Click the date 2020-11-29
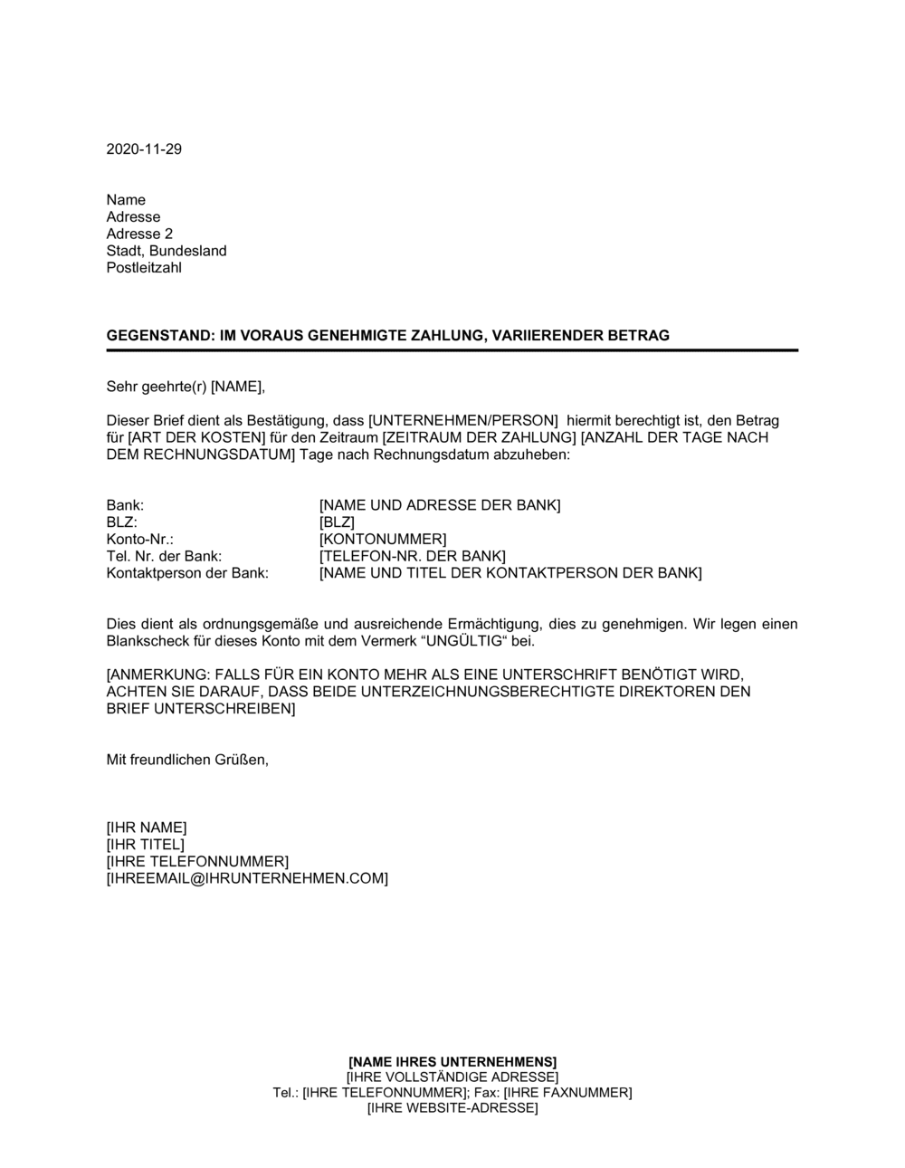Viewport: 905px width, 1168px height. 144,149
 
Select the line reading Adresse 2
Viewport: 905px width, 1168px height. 139,234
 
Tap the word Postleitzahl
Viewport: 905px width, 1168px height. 144,268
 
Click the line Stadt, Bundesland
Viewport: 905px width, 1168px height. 167,251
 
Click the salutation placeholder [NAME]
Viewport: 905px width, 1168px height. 236,388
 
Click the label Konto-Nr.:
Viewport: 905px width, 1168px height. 139,540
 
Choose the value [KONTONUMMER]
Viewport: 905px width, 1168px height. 383,540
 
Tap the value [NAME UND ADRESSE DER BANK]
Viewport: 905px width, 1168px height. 440,505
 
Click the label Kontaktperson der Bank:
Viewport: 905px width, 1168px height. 187,573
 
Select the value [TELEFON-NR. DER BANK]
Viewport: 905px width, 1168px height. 413,556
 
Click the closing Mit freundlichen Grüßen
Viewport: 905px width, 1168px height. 187,760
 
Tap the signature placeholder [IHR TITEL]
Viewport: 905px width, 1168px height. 145,845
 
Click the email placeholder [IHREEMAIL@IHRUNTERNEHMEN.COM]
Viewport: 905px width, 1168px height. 247,878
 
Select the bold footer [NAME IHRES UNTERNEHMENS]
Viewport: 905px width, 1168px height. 452,1061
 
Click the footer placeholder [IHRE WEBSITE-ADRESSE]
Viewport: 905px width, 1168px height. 452,1108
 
